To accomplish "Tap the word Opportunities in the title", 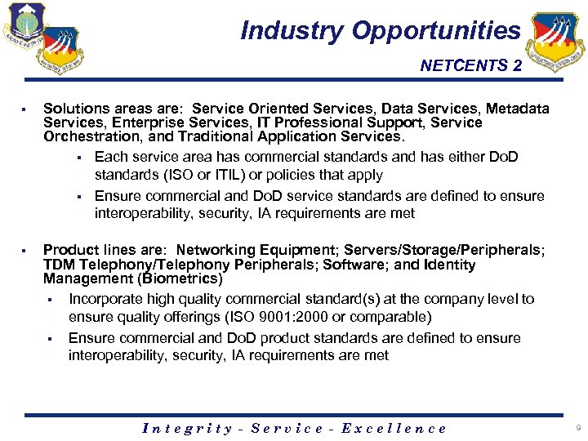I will (x=436, y=31).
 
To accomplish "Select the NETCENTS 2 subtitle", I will (x=470, y=66).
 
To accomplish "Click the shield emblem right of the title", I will (x=556, y=42).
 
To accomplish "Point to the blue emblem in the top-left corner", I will (x=23, y=25).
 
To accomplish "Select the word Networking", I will (x=214, y=251).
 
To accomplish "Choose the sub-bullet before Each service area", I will (x=79, y=157).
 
